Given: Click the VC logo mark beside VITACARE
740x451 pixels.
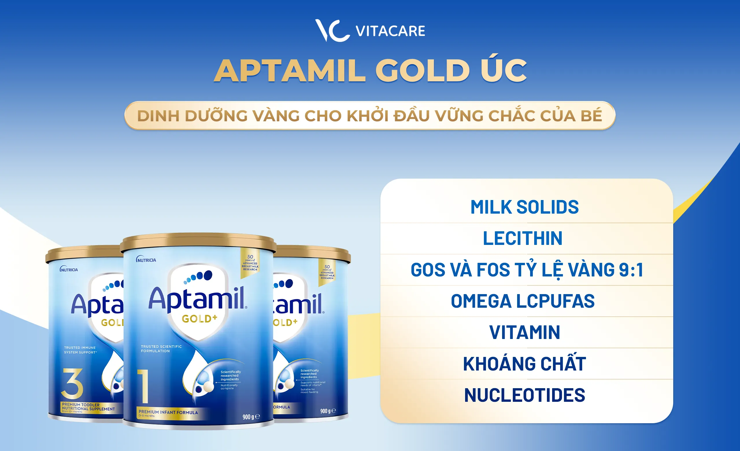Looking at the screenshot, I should pyautogui.click(x=332, y=31).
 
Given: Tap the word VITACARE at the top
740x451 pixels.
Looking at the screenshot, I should pyautogui.click(x=390, y=31).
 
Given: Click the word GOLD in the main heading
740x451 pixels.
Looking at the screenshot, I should pyautogui.click(x=422, y=71).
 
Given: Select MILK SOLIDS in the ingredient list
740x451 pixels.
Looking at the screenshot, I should pyautogui.click(x=524, y=207).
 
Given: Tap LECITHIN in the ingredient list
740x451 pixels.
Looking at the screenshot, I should pyautogui.click(x=523, y=239).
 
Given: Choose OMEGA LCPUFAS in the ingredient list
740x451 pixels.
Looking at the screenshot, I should pyautogui.click(x=523, y=301).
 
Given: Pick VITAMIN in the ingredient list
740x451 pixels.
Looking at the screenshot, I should pyautogui.click(x=524, y=332).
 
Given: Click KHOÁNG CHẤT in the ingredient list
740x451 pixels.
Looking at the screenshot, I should pyautogui.click(x=524, y=364).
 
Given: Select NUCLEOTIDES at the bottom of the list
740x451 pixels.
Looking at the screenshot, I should pyautogui.click(x=524, y=395).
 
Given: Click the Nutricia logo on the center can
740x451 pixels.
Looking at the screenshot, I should pyautogui.click(x=146, y=260).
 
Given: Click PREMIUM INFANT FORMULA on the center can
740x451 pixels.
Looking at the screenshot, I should pyautogui.click(x=168, y=412).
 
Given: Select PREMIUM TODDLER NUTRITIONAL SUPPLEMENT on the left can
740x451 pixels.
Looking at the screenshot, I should pyautogui.click(x=88, y=407).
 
